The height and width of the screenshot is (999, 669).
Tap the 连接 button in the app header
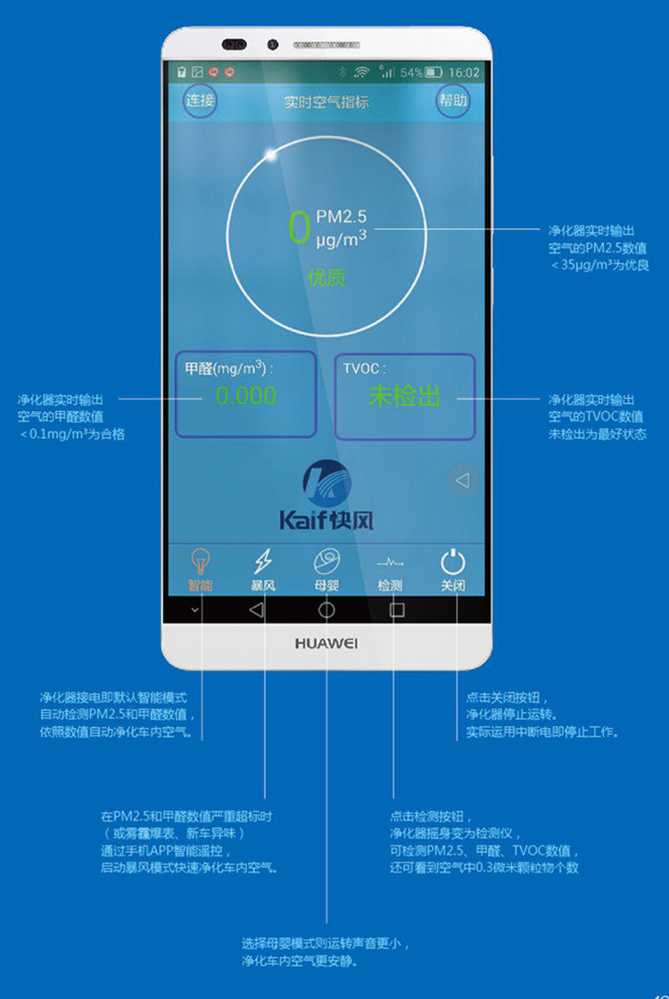tap(200, 101)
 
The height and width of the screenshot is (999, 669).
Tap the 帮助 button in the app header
tap(452, 101)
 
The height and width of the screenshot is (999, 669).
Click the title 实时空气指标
tap(326, 102)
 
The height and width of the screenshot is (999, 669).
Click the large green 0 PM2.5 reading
tap(299, 227)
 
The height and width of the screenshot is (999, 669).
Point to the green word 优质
tap(326, 277)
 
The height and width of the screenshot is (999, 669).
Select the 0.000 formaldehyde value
tap(246, 396)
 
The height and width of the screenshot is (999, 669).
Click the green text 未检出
tap(404, 396)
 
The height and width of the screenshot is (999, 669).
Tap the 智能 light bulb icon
tap(201, 562)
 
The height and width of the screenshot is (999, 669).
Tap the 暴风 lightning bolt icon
tap(263, 562)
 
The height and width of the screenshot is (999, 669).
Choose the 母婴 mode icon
tap(326, 562)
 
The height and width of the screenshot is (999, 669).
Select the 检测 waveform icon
tap(390, 563)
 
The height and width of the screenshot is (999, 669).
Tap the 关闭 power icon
tap(453, 562)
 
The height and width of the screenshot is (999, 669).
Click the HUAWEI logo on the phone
tap(326, 643)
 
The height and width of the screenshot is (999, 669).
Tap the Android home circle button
tap(326, 610)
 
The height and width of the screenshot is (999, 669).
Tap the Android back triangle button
tap(257, 610)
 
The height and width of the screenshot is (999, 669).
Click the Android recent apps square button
tap(397, 610)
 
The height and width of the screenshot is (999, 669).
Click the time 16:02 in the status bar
tap(464, 72)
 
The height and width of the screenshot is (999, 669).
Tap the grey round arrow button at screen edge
tap(462, 481)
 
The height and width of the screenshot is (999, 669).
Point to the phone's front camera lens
tap(273, 45)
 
